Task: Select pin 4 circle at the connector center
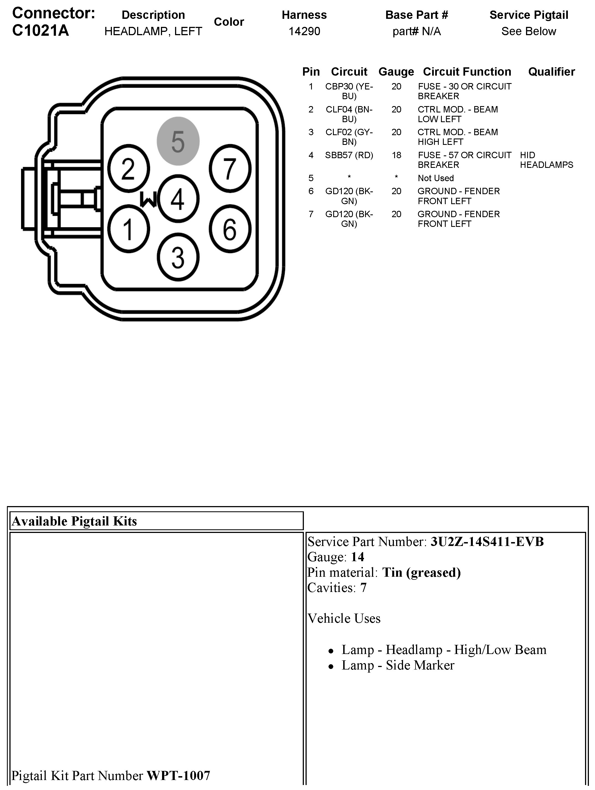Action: click(x=178, y=199)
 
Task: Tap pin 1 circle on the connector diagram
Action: click(x=128, y=229)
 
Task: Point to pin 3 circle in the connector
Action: click(x=178, y=257)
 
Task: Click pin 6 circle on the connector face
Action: click(x=230, y=229)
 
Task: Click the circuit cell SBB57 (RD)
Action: click(x=349, y=155)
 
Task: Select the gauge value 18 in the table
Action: click(x=396, y=155)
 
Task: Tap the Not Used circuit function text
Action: click(x=436, y=178)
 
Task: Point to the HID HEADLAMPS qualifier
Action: click(x=546, y=160)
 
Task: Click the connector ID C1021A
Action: click(x=40, y=31)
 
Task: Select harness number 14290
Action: click(x=304, y=31)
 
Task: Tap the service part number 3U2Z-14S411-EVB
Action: click(x=487, y=542)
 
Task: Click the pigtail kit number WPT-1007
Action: click(x=178, y=775)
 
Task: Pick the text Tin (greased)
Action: click(x=421, y=573)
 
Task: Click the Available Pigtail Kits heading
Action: click(x=74, y=521)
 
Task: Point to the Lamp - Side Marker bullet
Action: click(x=397, y=665)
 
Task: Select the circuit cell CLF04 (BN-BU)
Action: click(x=349, y=114)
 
